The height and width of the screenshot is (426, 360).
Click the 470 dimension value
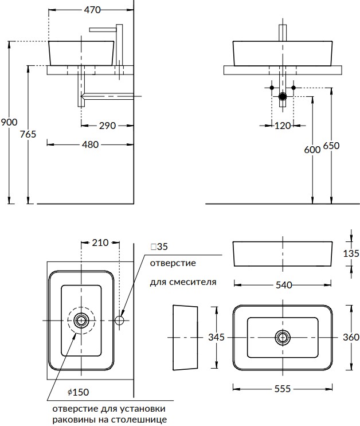(x=92, y=10)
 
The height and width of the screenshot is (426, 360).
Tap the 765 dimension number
(x=28, y=134)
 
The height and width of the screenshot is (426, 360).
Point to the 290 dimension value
(x=107, y=125)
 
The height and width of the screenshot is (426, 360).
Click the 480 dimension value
(x=91, y=144)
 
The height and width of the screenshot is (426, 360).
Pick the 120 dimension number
(x=283, y=125)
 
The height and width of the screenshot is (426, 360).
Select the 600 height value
(x=312, y=149)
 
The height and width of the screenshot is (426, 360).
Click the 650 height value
(x=331, y=146)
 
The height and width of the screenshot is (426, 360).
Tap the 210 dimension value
(x=100, y=243)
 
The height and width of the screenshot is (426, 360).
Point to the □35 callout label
(x=159, y=247)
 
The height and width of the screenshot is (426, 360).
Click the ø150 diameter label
(x=78, y=392)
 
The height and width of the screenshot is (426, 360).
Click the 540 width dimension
(x=283, y=284)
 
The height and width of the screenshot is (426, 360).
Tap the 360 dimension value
(x=351, y=337)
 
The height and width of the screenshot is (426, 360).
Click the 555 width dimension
(x=283, y=388)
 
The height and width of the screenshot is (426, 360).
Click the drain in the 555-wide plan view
(x=283, y=337)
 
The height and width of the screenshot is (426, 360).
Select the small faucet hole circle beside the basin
(x=120, y=319)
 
